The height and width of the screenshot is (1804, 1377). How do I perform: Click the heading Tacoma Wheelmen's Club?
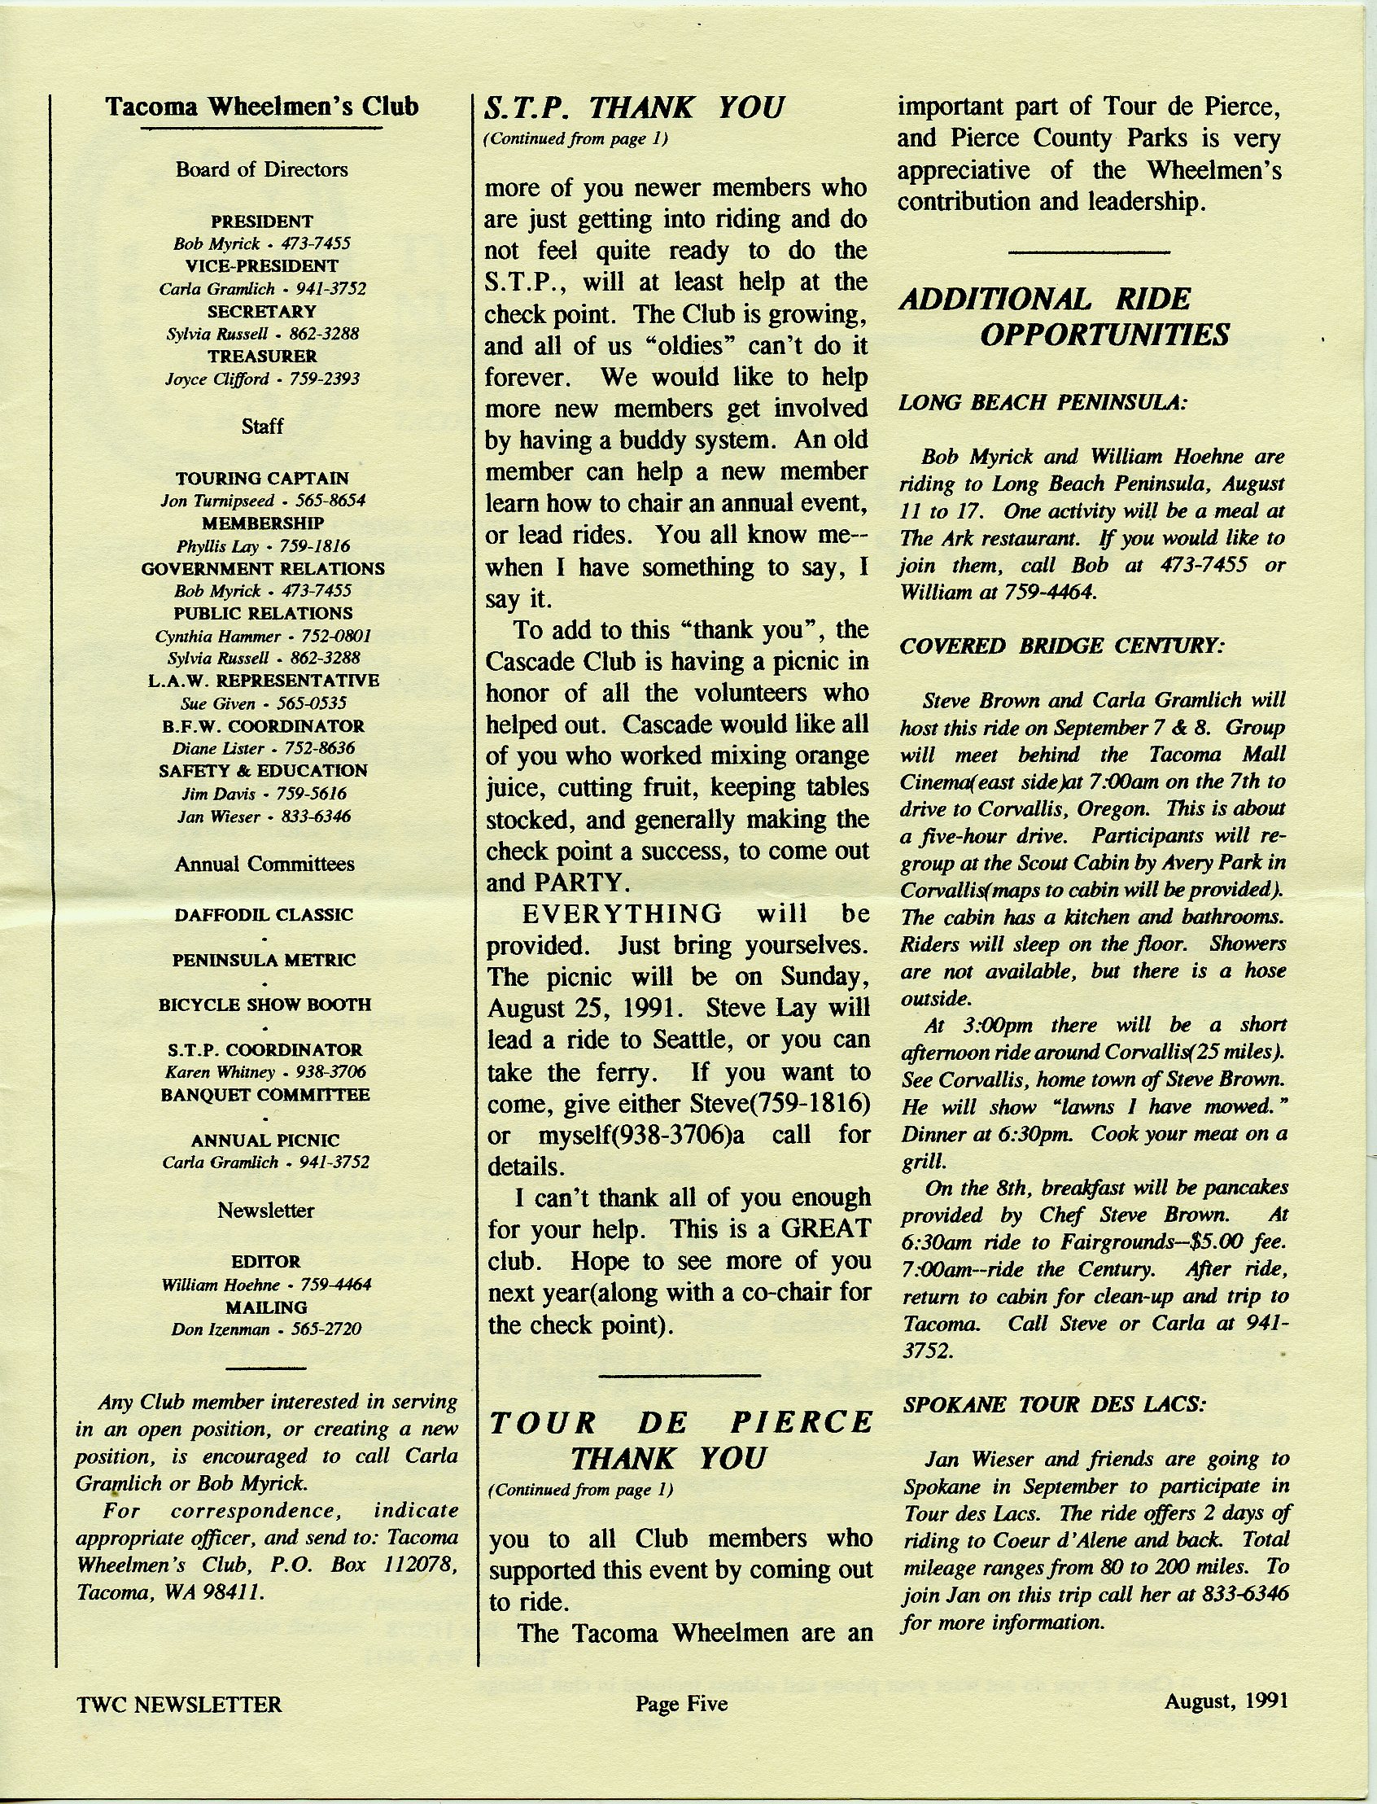coord(262,107)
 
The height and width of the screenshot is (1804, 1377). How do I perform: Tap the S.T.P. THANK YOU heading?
coord(635,107)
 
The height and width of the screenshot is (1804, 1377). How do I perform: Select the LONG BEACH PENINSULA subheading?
coord(1043,403)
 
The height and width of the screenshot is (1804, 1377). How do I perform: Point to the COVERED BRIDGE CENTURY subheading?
coord(1062,646)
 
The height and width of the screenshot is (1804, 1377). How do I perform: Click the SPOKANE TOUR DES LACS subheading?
coord(1054,1404)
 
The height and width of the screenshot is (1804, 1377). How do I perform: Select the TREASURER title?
coord(261,357)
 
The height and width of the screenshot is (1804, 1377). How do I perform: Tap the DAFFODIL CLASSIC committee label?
coord(263,914)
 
